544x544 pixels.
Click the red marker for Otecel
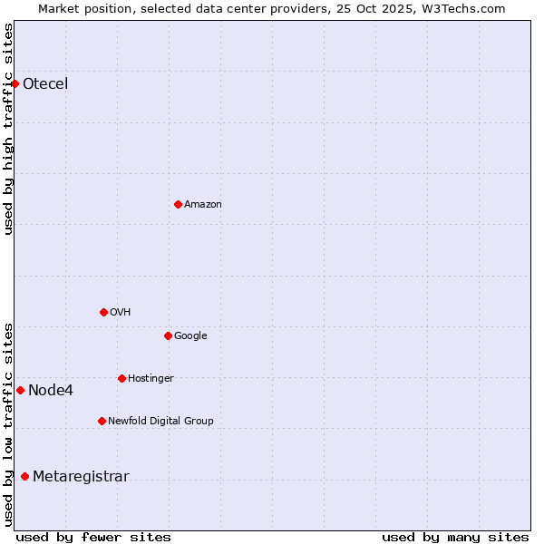tap(15, 83)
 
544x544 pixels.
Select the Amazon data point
tap(178, 204)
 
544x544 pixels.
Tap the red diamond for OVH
tap(103, 312)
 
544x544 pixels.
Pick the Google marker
tap(168, 335)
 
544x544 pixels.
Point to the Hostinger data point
tap(121, 378)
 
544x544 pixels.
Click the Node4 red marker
tap(20, 390)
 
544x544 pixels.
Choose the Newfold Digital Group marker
tap(102, 421)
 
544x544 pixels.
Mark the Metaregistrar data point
tap(24, 476)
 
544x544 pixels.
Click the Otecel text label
tap(45, 84)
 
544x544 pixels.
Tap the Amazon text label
tap(203, 205)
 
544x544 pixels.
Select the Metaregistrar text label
tap(81, 477)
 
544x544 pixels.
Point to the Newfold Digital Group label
tap(160, 421)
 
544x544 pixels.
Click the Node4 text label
tap(51, 391)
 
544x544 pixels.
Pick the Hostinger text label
tap(151, 379)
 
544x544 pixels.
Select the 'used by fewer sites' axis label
tap(93, 537)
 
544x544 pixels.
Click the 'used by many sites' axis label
tap(455, 537)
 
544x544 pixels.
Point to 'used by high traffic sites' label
tap(9, 129)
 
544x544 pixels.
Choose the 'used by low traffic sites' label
tap(9, 424)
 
